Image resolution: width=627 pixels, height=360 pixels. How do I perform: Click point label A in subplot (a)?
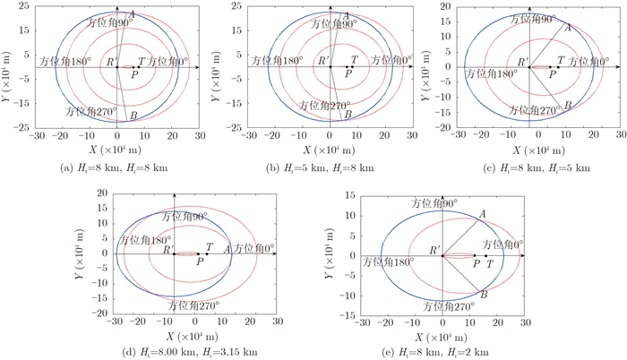(133, 16)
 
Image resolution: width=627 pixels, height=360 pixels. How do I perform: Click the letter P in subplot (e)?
(476, 265)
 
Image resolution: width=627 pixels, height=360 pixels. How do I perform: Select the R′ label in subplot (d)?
(169, 250)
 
